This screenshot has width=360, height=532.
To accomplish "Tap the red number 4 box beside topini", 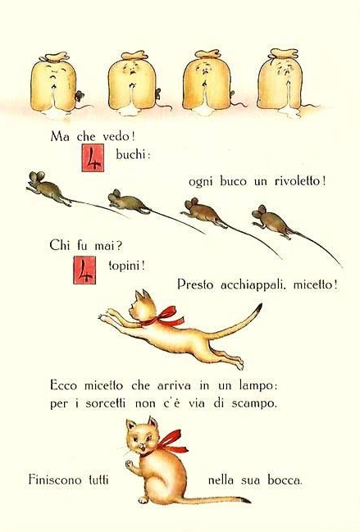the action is click(84, 270).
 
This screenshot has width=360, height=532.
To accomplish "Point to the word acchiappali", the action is click(252, 284).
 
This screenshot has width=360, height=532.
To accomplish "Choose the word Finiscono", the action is click(55, 480).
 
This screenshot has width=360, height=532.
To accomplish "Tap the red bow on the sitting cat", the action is click(169, 443).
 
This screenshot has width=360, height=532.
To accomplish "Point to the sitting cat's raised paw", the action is click(130, 464).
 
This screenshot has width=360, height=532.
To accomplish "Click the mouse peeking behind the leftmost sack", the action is click(80, 96).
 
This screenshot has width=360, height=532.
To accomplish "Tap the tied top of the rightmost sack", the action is click(283, 54).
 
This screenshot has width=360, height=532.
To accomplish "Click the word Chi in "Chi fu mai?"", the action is click(60, 244).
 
